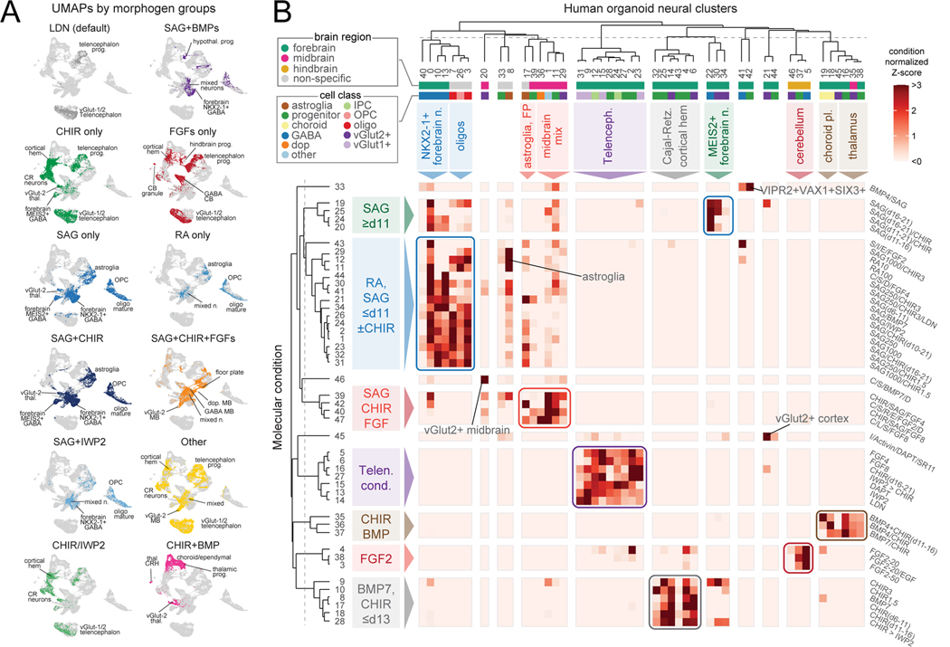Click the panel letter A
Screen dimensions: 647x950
tap(10, 14)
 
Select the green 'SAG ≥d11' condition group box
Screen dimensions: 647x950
tap(371, 216)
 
